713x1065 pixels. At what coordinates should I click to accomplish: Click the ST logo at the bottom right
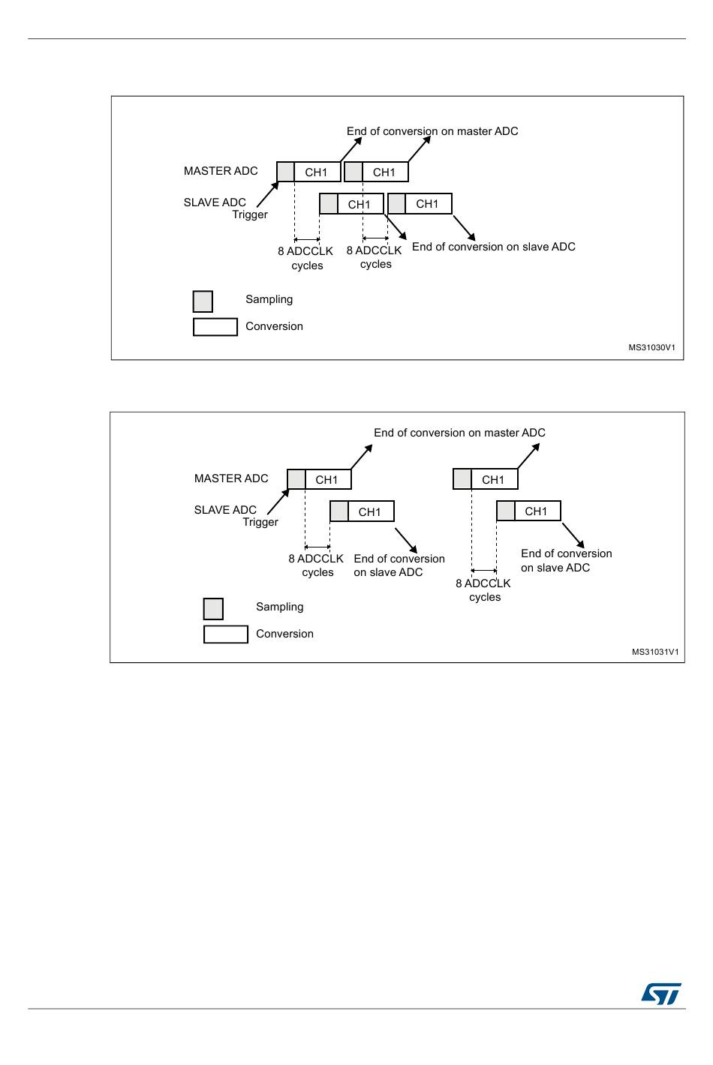click(661, 994)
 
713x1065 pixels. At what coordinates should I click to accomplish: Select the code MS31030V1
click(651, 348)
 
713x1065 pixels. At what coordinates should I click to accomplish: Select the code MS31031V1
click(654, 652)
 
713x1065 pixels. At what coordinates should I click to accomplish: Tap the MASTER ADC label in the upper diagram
click(221, 171)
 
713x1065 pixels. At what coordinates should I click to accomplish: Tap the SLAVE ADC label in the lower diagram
click(225, 510)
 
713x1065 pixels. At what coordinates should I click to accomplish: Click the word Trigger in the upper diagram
click(250, 214)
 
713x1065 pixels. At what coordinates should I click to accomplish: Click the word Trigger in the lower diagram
click(260, 522)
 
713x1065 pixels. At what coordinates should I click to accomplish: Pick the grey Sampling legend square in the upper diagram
click(203, 301)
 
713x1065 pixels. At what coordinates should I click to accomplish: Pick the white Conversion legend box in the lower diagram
click(225, 634)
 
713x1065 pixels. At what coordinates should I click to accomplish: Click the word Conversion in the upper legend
click(274, 326)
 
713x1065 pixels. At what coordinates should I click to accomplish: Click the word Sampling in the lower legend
click(279, 607)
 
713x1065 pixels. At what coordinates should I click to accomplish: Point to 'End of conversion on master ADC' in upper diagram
click(432, 131)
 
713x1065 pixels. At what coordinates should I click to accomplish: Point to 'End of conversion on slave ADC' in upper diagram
click(493, 247)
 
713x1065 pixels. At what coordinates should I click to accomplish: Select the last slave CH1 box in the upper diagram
click(427, 204)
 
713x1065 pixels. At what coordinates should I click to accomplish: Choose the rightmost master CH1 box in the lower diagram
click(493, 480)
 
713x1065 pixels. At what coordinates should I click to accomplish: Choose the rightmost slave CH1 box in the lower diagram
click(536, 511)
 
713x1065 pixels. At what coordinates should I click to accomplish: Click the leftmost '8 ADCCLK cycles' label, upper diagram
click(305, 258)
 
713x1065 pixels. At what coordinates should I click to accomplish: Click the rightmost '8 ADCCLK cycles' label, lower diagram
click(483, 590)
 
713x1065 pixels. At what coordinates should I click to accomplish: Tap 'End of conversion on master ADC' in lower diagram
click(459, 433)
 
